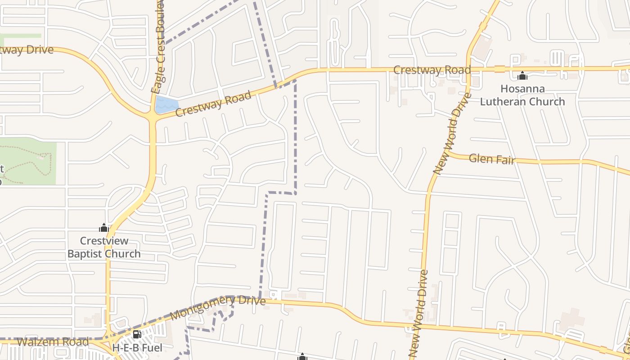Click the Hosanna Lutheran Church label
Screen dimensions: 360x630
(x=522, y=95)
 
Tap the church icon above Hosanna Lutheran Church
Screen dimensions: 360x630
(x=522, y=75)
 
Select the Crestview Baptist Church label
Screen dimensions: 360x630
(x=104, y=247)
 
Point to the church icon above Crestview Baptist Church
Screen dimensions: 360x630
(x=104, y=228)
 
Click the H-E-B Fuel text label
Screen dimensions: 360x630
(x=137, y=348)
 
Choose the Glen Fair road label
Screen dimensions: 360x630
(x=491, y=159)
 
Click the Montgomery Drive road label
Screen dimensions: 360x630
(x=218, y=307)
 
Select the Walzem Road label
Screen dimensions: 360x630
(x=53, y=342)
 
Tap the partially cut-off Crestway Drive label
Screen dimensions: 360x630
(x=27, y=49)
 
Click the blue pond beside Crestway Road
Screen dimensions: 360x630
(x=166, y=105)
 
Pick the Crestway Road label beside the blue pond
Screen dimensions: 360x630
(x=213, y=103)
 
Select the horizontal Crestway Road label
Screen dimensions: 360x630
(x=432, y=70)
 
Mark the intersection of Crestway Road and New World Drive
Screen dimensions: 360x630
(x=468, y=70)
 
